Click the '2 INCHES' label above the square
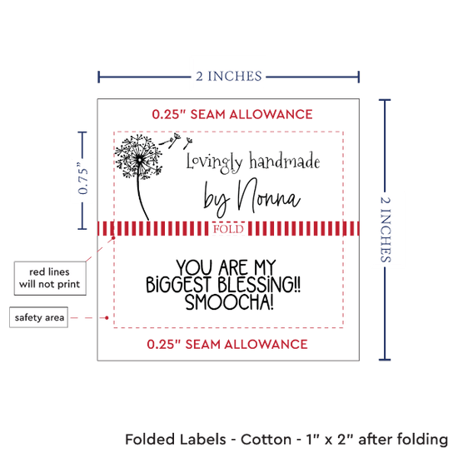(229, 77)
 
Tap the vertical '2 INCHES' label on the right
(386, 229)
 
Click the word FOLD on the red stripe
(228, 229)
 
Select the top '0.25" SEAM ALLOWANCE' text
(232, 114)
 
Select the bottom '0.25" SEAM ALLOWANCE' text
(227, 345)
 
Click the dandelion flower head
(139, 157)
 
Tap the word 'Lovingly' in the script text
(215, 162)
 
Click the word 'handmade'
(285, 161)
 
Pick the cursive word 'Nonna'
(269, 196)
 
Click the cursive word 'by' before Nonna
(217, 199)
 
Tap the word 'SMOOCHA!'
(230, 302)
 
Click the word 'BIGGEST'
(178, 285)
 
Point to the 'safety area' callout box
(39, 317)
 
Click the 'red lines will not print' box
(50, 278)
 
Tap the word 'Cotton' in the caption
(266, 440)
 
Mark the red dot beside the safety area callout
(107, 317)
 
